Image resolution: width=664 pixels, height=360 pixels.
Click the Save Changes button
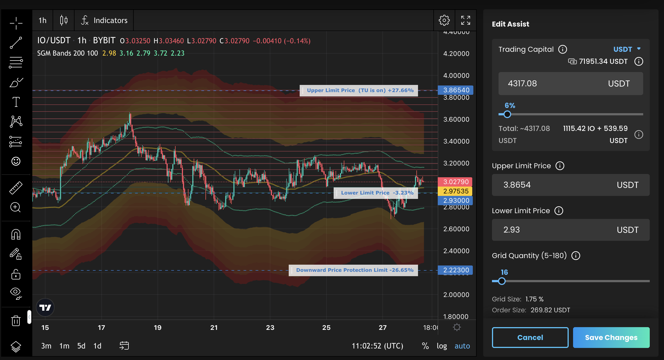611,337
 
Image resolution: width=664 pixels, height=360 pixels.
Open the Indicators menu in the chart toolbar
104,20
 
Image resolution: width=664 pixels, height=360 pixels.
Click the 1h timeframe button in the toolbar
42,20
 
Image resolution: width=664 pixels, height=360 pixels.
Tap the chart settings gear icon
444,20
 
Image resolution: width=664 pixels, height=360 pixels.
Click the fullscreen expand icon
465,20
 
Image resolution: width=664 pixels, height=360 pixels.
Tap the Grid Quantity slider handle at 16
502,281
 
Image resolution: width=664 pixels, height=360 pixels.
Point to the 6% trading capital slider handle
507,114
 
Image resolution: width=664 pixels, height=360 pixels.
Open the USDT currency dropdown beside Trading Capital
627,49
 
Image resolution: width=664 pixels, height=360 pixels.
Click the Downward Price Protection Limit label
354,270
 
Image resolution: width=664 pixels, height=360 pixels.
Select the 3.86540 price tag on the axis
456,90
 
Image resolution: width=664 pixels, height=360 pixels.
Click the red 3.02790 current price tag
456,182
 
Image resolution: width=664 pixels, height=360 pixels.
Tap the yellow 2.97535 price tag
456,191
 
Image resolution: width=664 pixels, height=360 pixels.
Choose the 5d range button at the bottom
81,346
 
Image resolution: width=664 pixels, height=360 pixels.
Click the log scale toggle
442,346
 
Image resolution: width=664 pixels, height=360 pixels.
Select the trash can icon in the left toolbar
16,320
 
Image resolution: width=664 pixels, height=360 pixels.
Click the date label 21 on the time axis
214,328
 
